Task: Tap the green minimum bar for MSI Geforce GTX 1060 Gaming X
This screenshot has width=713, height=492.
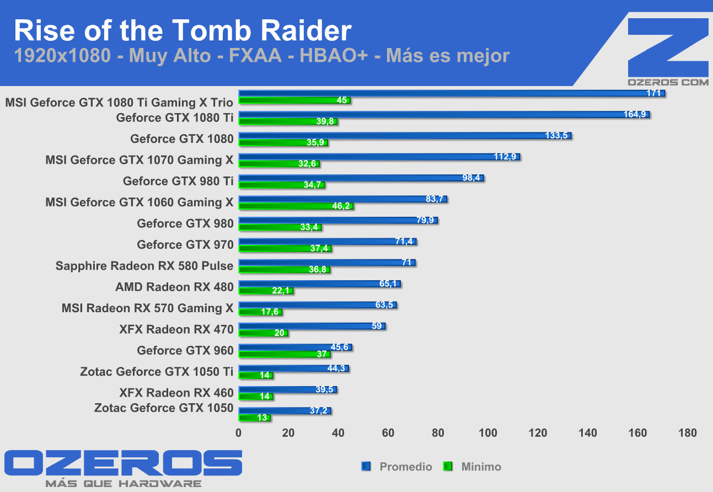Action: pos(296,206)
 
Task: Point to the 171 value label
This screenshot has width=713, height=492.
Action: pos(653,93)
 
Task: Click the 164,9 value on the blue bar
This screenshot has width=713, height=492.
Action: pos(635,115)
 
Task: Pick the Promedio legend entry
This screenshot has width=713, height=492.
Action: pos(405,467)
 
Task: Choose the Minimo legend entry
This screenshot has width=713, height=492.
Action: pos(481,467)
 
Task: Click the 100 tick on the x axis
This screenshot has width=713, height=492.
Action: pos(488,433)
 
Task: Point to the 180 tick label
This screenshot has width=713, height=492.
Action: pos(688,433)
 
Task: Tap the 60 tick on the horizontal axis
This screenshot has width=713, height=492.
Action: pos(388,433)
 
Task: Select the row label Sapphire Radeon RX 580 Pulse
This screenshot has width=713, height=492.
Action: pos(144,266)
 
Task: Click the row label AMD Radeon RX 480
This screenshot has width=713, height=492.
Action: pos(174,287)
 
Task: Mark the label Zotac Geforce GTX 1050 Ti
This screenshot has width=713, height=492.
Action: pos(157,371)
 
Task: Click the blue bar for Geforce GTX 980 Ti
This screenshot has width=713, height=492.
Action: pos(361,178)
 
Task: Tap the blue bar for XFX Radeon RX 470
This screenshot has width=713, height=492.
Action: pos(312,326)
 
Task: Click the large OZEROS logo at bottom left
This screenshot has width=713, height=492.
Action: pos(123,463)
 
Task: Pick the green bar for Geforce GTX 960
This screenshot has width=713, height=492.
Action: pos(284,354)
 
